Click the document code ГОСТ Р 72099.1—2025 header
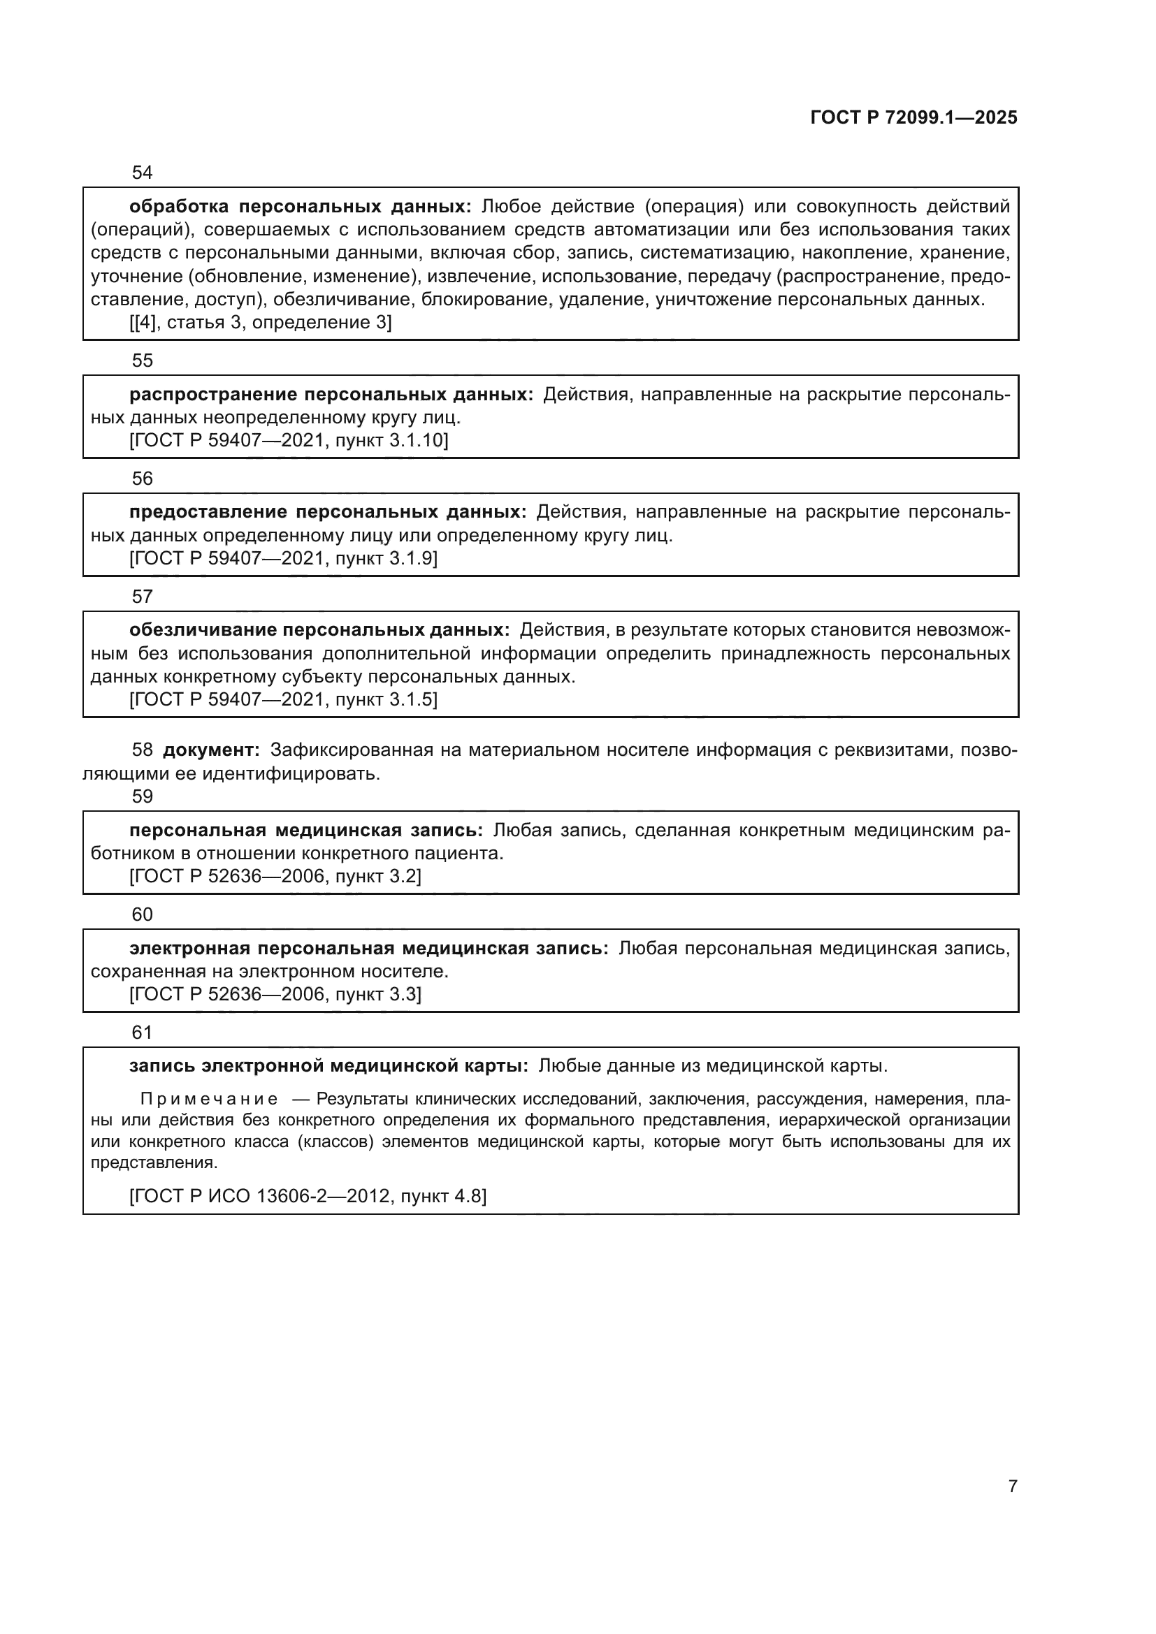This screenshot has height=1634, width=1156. tap(913, 117)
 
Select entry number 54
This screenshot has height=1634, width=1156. tap(143, 173)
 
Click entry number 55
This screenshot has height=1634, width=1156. tap(143, 360)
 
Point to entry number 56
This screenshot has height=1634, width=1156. tap(143, 479)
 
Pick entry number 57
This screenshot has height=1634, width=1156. tap(143, 597)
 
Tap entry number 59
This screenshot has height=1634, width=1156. tap(143, 796)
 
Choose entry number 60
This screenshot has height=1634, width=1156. tap(143, 914)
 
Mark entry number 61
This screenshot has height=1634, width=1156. tap(143, 1032)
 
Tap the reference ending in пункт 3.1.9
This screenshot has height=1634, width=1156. tap(283, 559)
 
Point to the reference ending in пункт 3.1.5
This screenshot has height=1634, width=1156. tap(283, 699)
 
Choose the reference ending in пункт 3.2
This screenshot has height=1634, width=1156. tap(275, 876)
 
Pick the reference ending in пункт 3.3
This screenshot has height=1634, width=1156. tap(275, 994)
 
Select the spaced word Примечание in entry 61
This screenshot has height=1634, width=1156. tap(209, 1100)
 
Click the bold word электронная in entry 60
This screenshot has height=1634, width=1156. tap(189, 949)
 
